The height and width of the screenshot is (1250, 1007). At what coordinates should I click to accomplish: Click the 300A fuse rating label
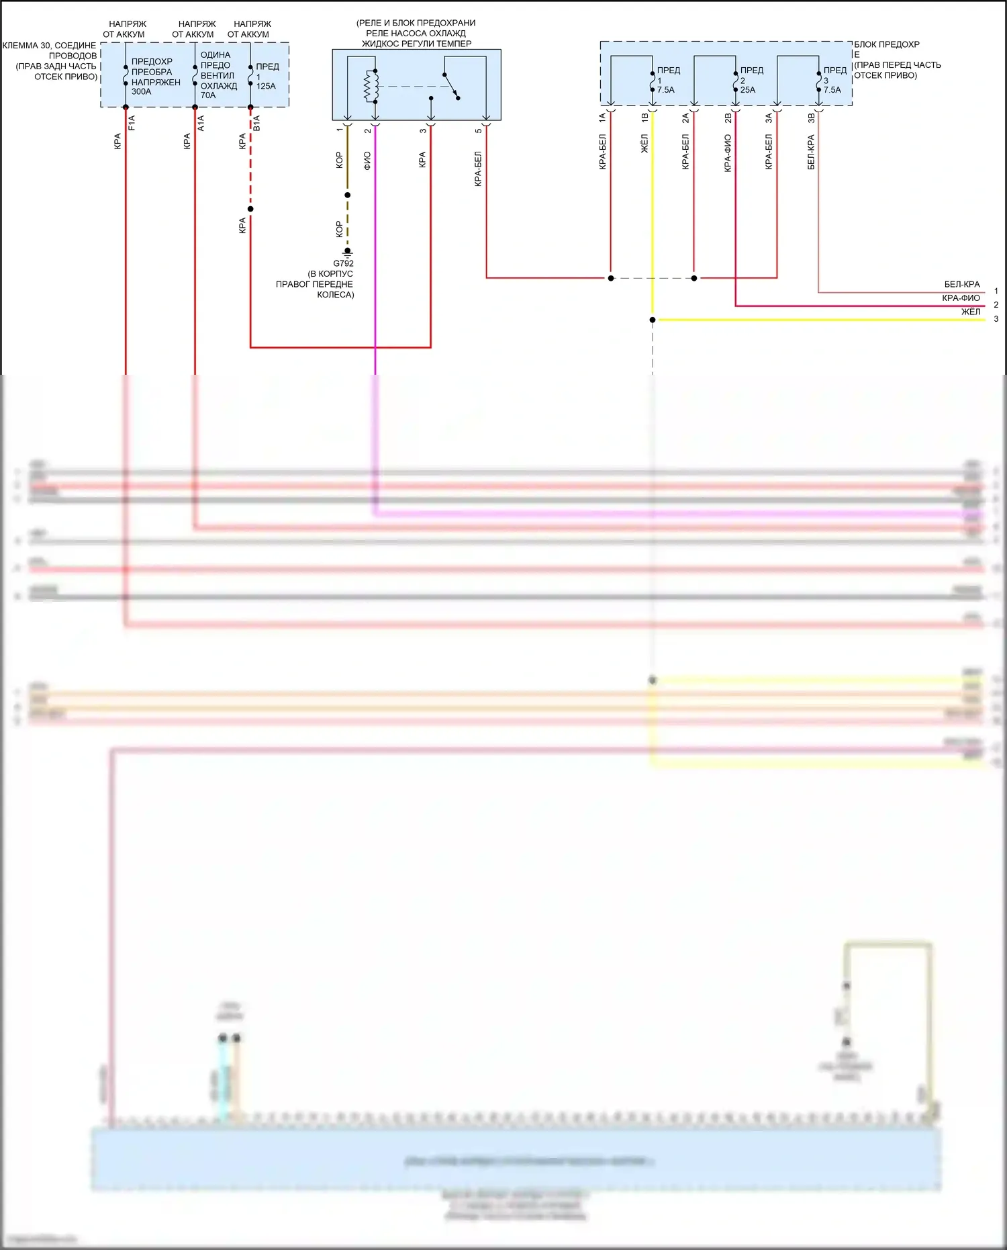(141, 92)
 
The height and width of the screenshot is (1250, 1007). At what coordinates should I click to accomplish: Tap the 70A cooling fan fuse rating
(208, 95)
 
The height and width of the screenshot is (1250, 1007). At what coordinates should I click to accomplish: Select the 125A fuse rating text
(266, 86)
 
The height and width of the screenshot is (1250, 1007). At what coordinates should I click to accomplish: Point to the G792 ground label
(343, 263)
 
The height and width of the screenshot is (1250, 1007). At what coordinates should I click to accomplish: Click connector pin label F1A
(132, 122)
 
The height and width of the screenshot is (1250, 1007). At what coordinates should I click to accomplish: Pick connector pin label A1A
(201, 122)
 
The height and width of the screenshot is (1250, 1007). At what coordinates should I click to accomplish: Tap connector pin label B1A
(256, 122)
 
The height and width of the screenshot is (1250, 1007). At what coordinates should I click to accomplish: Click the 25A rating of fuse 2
(748, 90)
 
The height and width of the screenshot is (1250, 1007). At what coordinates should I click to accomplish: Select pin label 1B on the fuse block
(645, 118)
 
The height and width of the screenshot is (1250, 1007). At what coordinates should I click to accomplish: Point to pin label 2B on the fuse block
(728, 118)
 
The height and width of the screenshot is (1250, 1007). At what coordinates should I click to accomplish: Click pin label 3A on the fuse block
(769, 118)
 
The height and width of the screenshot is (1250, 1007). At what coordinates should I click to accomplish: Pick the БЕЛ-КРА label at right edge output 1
(961, 284)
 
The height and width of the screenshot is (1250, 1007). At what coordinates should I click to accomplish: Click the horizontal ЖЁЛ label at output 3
(970, 312)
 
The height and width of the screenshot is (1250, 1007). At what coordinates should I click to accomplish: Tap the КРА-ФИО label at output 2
(961, 298)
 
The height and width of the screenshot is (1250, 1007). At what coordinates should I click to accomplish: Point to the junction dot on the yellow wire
(653, 320)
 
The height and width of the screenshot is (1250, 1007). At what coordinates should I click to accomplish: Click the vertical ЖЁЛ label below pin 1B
(644, 144)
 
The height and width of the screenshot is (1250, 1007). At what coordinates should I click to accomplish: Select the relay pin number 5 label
(479, 130)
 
